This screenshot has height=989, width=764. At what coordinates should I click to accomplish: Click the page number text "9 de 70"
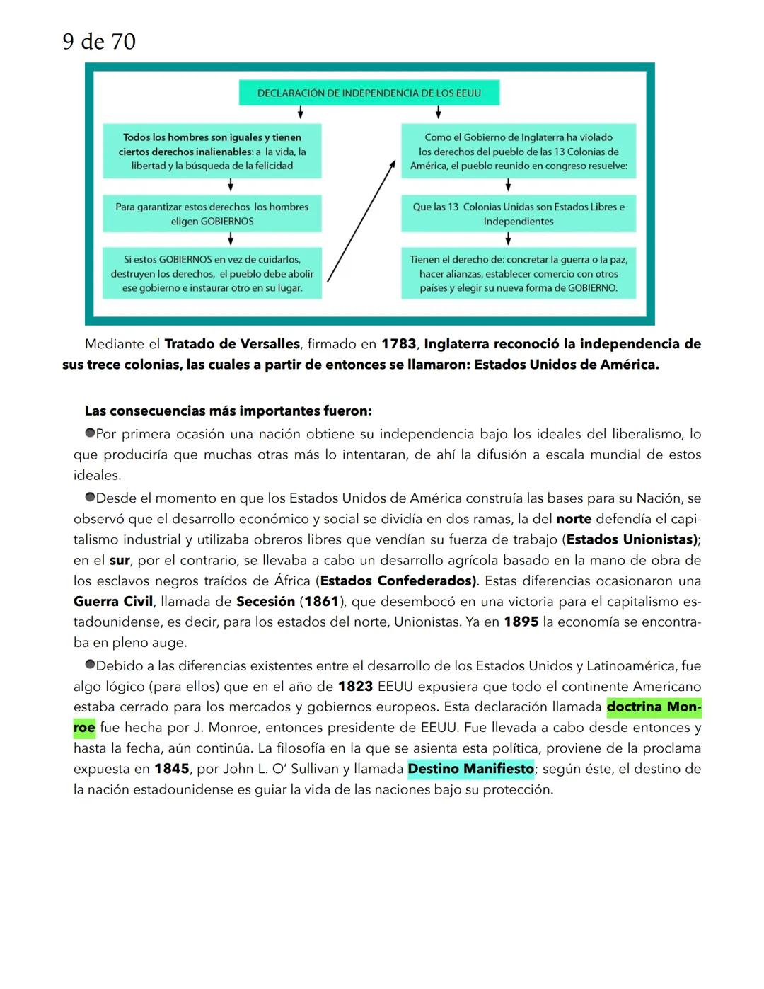tap(99, 42)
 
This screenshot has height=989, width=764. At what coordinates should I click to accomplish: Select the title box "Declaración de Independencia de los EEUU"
tap(369, 93)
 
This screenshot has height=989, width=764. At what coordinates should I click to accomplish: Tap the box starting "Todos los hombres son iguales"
tap(212, 152)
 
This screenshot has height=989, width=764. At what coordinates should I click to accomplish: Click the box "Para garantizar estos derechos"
tap(212, 214)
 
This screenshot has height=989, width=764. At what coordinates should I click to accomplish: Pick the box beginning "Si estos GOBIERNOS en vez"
tap(212, 273)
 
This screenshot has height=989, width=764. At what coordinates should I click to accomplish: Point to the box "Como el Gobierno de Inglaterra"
tap(518, 152)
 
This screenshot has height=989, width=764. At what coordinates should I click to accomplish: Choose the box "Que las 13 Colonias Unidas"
tap(518, 214)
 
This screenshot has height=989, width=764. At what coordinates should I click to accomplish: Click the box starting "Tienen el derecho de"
tap(518, 273)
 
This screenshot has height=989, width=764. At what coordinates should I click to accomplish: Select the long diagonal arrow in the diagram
tap(361, 221)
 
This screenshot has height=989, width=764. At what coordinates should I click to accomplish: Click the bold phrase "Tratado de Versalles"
tap(232, 344)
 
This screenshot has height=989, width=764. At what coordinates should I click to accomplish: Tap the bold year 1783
tap(398, 344)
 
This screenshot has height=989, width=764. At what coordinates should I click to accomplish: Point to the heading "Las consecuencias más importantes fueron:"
tap(228, 411)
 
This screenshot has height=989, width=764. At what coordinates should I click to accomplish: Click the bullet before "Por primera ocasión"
tap(90, 433)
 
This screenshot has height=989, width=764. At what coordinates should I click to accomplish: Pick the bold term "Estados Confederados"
tap(398, 581)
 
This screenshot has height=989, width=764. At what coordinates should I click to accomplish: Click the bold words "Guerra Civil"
tap(113, 601)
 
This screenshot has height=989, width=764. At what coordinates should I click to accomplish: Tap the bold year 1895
tap(521, 622)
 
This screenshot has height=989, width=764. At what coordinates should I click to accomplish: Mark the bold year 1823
tap(355, 687)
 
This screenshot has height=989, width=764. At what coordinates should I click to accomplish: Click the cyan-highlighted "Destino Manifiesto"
tap(470, 769)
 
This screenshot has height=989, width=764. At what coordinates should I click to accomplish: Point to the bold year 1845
tap(172, 769)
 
